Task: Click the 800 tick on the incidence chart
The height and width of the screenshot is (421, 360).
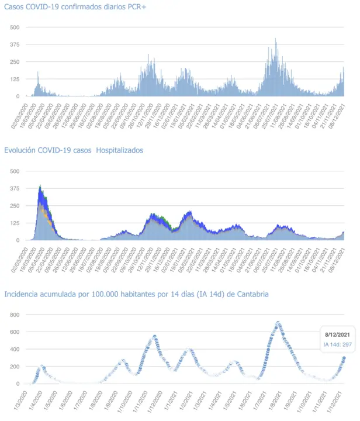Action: click(14, 315)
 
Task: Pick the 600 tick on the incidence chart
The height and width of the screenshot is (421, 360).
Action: click(14, 332)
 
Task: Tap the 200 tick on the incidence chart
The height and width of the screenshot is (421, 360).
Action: click(14, 367)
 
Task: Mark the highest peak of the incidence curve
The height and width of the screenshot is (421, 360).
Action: click(278, 322)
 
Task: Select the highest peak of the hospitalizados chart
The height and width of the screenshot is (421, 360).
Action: click(40, 186)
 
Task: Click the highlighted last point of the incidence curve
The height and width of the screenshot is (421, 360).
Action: click(344, 358)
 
